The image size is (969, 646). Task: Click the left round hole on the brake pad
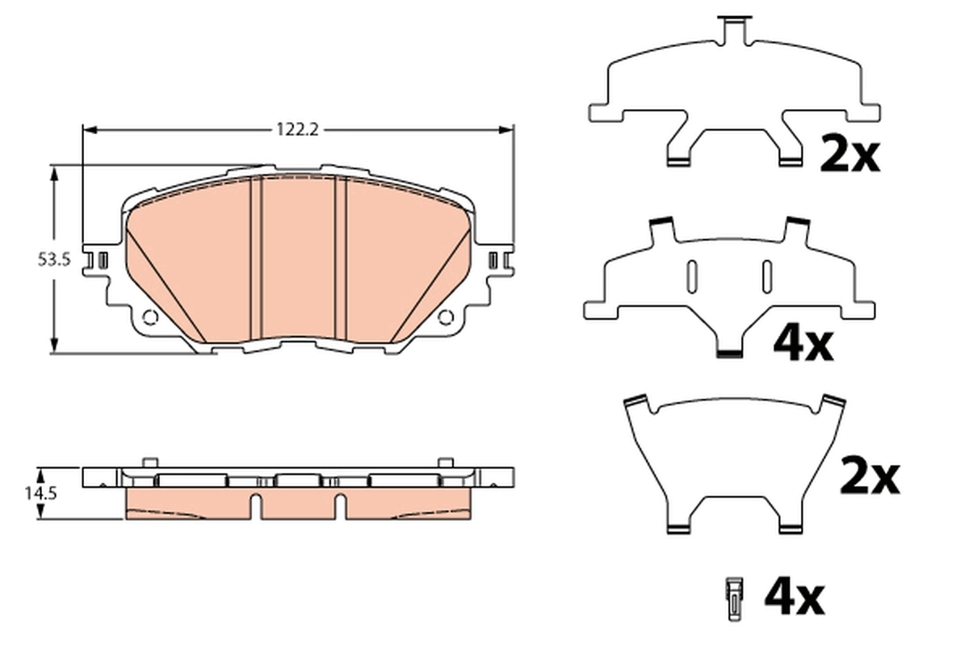149,317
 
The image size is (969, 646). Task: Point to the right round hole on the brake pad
445,317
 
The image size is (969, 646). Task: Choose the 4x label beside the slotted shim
803,345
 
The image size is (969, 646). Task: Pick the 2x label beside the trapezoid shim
869,477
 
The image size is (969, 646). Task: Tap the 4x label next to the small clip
794,598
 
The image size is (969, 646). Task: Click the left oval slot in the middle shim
691,275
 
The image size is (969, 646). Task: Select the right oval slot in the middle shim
766,275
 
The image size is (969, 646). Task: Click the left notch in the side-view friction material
255,506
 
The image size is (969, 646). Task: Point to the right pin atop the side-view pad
443,461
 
